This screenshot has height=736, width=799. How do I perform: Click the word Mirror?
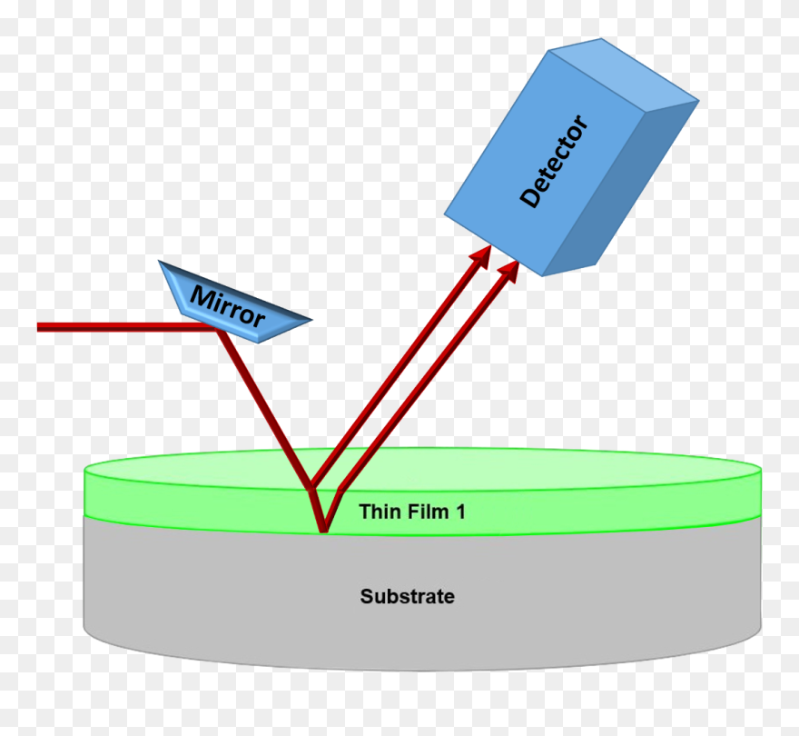click(227, 306)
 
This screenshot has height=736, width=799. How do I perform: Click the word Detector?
click(554, 161)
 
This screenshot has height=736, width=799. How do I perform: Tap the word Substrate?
click(407, 596)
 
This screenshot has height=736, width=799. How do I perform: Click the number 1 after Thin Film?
click(461, 512)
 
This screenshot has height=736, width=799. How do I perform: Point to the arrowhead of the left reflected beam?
click(480, 256)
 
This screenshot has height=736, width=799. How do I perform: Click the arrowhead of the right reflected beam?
click(508, 272)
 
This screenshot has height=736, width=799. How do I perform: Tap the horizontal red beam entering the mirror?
click(127, 327)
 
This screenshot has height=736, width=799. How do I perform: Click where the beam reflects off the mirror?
click(218, 329)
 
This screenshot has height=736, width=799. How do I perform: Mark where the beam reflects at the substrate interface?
click(322, 531)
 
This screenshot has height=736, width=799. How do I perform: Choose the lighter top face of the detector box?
click(625, 73)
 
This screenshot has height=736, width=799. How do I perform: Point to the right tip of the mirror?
click(311, 321)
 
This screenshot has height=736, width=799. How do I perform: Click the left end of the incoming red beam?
click(38, 327)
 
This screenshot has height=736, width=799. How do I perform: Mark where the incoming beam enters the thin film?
click(311, 489)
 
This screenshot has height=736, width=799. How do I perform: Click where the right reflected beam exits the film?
click(339, 490)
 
